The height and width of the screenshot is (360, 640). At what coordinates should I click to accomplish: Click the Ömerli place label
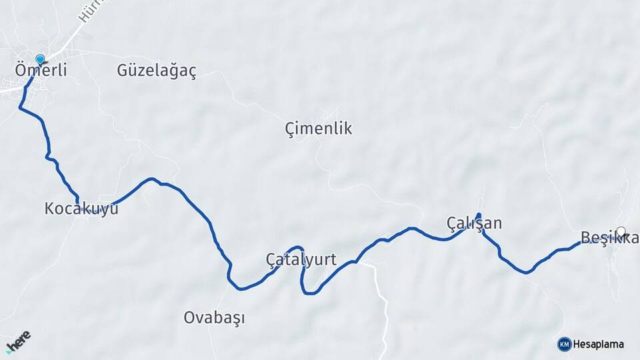[41, 70]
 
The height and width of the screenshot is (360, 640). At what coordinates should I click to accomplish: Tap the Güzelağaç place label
[157, 71]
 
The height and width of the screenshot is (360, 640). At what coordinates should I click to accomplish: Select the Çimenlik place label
[318, 128]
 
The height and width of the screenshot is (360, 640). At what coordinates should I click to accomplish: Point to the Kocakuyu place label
[81, 209]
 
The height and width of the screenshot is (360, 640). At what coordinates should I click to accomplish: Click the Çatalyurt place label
[301, 259]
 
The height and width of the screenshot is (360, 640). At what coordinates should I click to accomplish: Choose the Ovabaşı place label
[214, 318]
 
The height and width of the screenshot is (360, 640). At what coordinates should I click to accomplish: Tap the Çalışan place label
[474, 223]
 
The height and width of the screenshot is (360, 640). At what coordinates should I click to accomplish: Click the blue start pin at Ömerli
[40, 59]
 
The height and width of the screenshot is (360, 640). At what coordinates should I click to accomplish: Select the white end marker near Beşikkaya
[621, 231]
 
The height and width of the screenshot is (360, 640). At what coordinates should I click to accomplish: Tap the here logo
[18, 341]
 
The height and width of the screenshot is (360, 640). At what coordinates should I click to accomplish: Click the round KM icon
[564, 344]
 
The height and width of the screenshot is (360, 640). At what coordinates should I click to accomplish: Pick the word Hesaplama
[599, 344]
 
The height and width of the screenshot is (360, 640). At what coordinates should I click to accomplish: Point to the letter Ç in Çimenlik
[290, 128]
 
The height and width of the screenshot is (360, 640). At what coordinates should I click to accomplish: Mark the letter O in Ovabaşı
[189, 318]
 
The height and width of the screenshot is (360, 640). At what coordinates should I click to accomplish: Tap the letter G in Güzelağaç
[123, 71]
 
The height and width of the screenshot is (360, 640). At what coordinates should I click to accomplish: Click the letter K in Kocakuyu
[49, 209]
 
